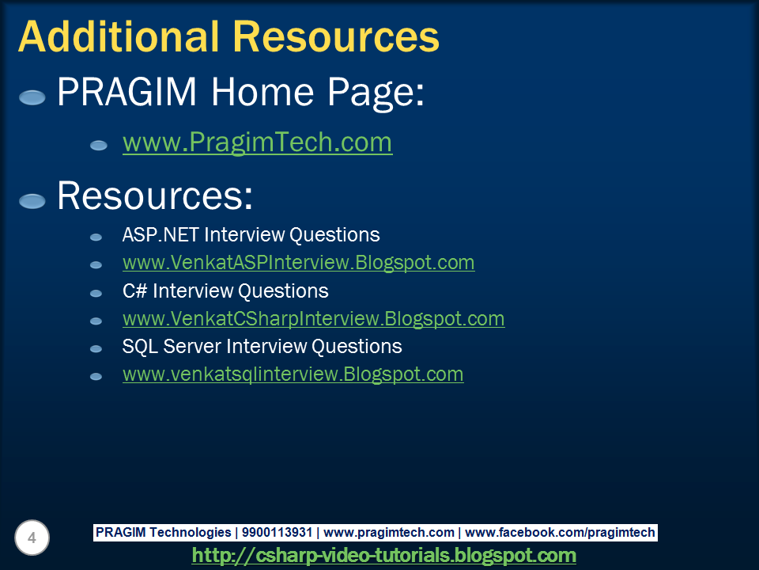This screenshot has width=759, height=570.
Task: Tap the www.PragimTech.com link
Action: point(257,142)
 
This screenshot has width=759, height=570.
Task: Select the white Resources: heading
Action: point(154,196)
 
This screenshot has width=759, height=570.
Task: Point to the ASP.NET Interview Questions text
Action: point(251,235)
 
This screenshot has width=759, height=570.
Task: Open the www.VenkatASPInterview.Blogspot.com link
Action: point(298,262)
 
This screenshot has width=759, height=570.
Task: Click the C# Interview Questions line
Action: point(225,291)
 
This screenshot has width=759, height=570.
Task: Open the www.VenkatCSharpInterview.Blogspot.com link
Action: point(313,319)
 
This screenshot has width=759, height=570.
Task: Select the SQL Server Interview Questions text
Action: point(262,347)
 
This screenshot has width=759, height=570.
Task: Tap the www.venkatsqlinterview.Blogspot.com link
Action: point(293,374)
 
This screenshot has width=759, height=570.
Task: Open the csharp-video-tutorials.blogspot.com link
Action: point(383,555)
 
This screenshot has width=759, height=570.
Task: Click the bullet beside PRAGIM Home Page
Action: point(32,98)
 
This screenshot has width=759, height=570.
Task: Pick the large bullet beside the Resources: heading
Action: point(32,201)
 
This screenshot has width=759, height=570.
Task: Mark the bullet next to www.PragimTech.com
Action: point(98,146)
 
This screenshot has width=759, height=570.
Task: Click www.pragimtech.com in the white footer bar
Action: point(389,533)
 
